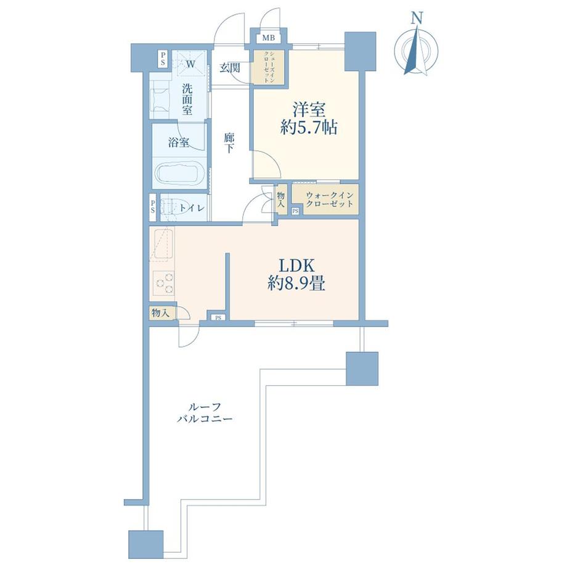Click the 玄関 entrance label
(230, 67)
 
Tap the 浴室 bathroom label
(178, 143)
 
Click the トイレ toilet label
(192, 208)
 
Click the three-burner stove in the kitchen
(163, 283)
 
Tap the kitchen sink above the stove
(162, 247)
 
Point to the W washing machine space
(190, 63)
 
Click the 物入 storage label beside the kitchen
(160, 312)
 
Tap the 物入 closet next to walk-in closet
(281, 199)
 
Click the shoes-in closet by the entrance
(267, 67)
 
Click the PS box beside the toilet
(153, 207)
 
